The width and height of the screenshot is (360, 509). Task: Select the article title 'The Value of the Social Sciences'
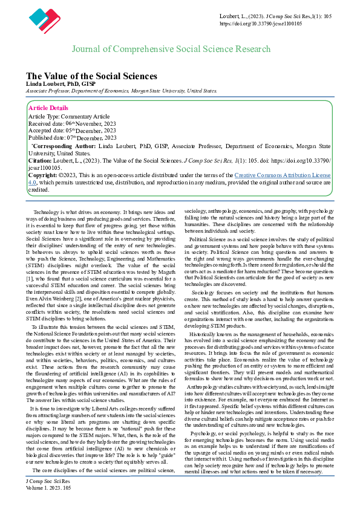[91, 76]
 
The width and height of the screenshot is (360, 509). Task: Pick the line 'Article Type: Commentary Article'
[69, 115]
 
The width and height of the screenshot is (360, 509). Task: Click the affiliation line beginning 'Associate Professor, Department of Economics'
[121, 90]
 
